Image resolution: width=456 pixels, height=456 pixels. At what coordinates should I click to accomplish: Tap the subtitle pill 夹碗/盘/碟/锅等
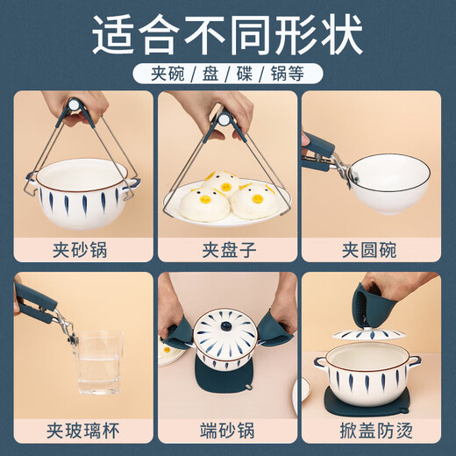pyautogui.click(x=228, y=73)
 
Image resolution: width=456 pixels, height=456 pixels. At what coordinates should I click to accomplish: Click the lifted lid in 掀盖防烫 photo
pyautogui.click(x=368, y=338)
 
